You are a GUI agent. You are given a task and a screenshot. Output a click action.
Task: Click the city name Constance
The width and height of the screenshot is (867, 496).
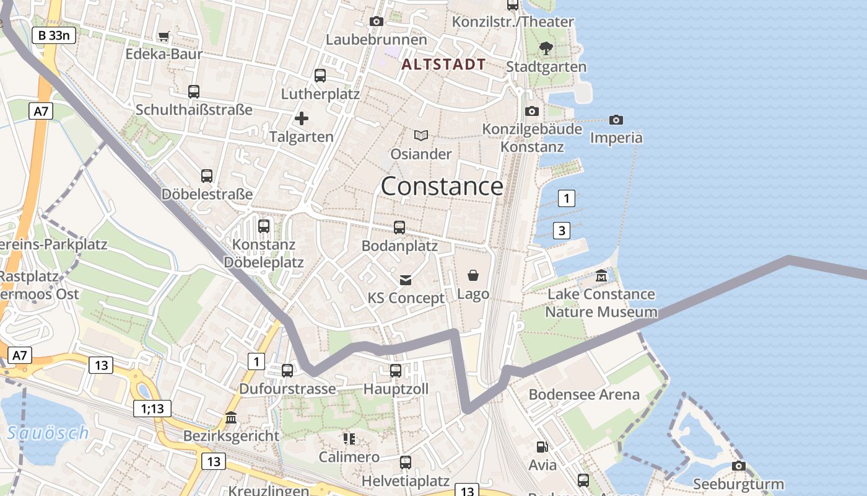click(442, 186)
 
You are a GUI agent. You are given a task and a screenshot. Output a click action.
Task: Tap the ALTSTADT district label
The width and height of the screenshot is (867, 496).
click(443, 64)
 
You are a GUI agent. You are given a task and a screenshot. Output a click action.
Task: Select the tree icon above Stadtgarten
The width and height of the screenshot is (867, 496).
click(546, 48)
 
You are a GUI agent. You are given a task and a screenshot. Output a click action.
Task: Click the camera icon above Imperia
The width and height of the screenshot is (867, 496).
click(616, 120)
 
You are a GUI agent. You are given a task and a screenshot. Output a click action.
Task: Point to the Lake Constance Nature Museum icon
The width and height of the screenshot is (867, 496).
click(601, 275)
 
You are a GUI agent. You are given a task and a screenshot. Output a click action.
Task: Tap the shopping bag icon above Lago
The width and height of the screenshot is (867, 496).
click(473, 275)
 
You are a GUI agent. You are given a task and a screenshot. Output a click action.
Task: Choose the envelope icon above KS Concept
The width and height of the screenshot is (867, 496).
click(406, 280)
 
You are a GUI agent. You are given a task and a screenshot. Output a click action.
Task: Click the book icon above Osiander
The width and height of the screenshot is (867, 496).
click(421, 135)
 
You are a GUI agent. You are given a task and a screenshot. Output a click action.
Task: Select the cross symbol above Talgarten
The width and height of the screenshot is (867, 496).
click(302, 118)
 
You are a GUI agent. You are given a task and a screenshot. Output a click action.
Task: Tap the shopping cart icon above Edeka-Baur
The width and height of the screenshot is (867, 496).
click(163, 37)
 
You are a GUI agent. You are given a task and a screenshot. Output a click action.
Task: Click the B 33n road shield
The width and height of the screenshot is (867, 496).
click(54, 35)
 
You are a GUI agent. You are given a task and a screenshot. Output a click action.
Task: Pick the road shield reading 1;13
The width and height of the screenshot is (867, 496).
click(152, 408)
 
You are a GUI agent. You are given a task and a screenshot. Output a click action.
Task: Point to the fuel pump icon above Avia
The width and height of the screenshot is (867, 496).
click(542, 446)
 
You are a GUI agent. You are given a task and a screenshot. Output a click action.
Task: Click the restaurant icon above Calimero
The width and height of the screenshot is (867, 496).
click(349, 439)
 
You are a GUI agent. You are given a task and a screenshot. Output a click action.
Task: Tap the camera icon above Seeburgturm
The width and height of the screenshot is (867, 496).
click(738, 466)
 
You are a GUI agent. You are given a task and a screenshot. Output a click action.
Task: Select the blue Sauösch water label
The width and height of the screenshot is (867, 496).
click(48, 433)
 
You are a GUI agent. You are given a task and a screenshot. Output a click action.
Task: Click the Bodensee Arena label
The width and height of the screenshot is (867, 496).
click(583, 394)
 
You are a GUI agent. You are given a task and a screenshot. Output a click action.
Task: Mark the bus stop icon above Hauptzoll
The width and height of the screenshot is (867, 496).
click(395, 371)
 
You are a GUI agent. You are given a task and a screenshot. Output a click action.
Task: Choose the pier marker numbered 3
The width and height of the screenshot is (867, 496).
click(561, 231)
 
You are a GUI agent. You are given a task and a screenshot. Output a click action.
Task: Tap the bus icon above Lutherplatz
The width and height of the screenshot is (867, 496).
click(320, 76)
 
